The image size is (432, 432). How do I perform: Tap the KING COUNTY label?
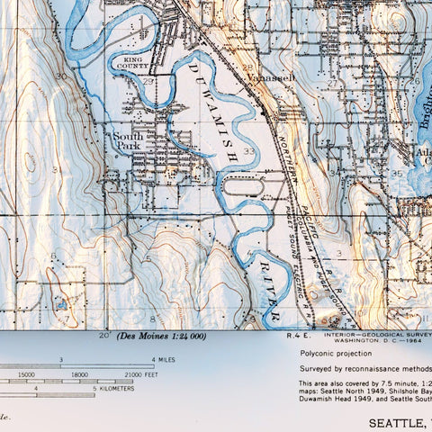click(x=133, y=61)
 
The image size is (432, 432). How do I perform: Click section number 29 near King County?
click(x=147, y=82)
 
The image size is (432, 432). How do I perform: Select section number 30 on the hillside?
click(x=61, y=76)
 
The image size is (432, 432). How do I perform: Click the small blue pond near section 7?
click(x=60, y=305)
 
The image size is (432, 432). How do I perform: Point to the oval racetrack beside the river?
click(x=257, y=187)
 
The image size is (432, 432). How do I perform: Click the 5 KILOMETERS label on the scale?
click(x=113, y=389)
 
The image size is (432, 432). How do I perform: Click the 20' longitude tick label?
click(x=105, y=335)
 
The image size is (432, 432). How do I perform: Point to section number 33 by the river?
click(x=248, y=151)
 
